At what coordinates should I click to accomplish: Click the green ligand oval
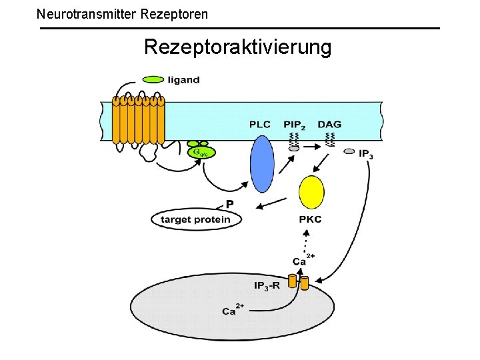point(153,79)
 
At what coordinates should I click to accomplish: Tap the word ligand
point(184,80)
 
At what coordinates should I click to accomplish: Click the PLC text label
point(260,125)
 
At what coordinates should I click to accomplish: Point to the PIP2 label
point(294,125)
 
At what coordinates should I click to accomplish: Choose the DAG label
point(329,125)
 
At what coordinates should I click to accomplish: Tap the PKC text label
point(311,219)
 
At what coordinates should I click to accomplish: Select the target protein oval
point(196,219)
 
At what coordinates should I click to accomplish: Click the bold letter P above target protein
point(229,204)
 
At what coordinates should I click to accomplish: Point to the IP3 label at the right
point(366,155)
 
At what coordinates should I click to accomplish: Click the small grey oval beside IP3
point(349,152)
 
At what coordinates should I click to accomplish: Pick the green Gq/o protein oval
point(202,153)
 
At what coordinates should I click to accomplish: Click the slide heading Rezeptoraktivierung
point(237,47)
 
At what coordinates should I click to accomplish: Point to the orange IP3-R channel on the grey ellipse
point(299,282)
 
